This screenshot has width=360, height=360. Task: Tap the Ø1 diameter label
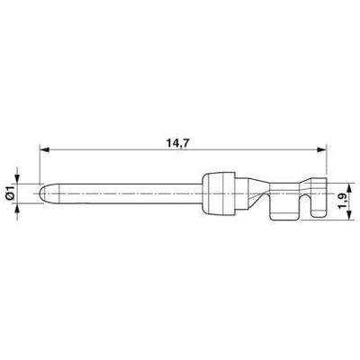[10, 193]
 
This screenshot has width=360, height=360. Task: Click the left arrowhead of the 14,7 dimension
[44, 149]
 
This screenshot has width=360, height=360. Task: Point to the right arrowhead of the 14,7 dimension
[321, 149]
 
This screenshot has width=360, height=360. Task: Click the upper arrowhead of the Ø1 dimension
[17, 179]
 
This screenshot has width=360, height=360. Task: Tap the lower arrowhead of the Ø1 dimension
[17, 208]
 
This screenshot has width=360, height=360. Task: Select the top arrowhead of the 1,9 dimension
[349, 189]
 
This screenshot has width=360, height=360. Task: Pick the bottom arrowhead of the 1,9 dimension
[349, 216]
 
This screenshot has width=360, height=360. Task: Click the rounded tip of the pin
[43, 193]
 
